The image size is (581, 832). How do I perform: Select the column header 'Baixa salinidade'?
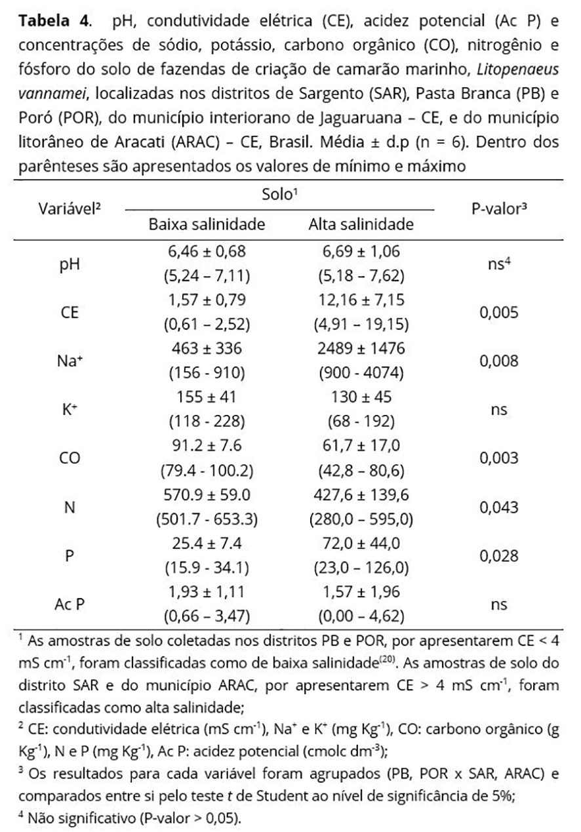click(207, 224)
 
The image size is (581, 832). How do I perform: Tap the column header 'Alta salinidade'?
click(361, 224)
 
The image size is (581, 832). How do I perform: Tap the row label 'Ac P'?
click(68, 604)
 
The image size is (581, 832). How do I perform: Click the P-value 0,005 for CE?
click(499, 313)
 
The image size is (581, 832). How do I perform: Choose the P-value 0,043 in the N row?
click(499, 507)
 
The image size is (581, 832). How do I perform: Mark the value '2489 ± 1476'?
click(361, 349)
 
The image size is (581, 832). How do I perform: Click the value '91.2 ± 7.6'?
click(207, 446)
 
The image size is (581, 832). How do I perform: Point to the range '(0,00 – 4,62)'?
click(361, 616)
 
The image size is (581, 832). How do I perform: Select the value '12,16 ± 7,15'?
click(361, 300)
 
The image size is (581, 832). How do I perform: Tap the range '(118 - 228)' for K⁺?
click(207, 422)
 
